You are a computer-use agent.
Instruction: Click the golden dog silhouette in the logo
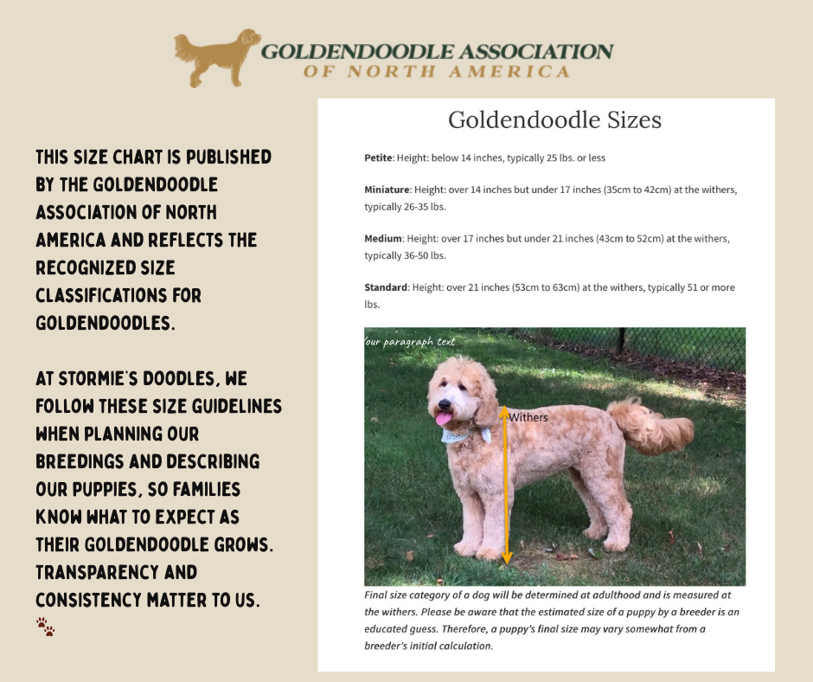[216, 57]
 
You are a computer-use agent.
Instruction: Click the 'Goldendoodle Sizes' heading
[554, 119]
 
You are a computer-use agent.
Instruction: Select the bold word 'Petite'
[379, 158]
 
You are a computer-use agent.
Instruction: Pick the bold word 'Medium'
[383, 238]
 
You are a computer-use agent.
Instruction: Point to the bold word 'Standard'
[386, 287]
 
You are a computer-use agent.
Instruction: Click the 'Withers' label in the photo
[528, 417]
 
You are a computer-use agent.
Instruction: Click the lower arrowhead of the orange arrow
[507, 557]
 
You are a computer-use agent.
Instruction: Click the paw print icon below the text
[45, 627]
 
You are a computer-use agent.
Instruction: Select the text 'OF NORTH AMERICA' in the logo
[436, 72]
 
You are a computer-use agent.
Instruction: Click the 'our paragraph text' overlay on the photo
[410, 342]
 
